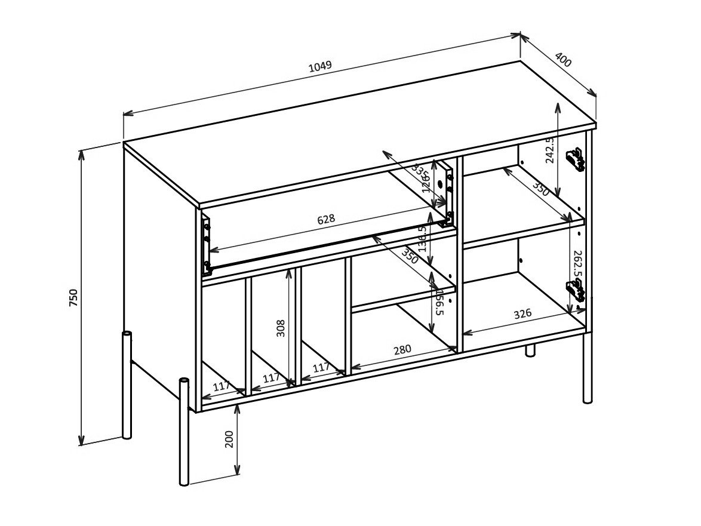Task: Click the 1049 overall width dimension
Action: (x=320, y=66)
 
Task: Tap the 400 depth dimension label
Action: (x=563, y=60)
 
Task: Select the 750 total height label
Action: (x=73, y=297)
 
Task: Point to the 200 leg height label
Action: (x=229, y=439)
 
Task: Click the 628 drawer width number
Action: (x=325, y=219)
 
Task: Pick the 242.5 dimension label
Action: (x=550, y=149)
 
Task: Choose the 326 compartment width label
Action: (x=522, y=315)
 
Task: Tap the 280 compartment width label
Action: (x=402, y=349)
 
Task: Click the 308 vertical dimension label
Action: (x=281, y=328)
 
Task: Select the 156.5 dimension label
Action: (x=439, y=303)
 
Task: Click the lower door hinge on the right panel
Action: (x=576, y=291)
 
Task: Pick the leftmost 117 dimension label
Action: (x=222, y=386)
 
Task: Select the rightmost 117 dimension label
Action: (x=321, y=368)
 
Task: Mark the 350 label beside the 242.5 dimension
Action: (x=540, y=190)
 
